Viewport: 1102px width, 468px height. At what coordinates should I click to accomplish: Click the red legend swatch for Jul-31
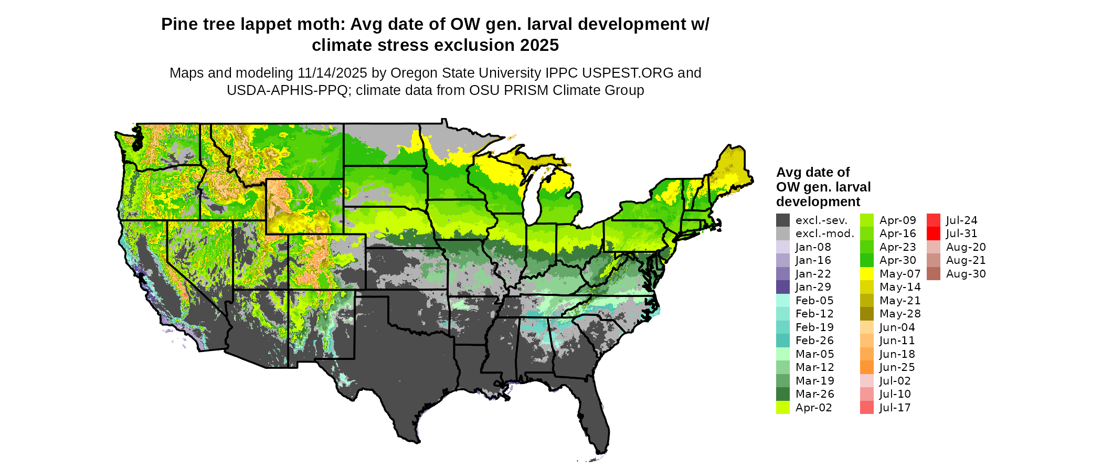934,233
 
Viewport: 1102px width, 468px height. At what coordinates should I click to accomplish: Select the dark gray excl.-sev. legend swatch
783,220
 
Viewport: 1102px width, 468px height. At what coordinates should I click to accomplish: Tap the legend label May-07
900,274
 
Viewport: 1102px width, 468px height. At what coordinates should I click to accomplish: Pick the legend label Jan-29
813,287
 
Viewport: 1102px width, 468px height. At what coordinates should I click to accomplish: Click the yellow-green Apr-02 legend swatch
783,408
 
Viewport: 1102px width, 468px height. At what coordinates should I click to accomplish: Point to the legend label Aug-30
966,274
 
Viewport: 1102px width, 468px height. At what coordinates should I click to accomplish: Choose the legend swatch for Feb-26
783,341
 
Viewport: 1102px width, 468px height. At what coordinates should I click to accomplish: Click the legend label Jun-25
897,367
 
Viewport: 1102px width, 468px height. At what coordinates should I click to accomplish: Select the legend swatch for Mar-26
783,394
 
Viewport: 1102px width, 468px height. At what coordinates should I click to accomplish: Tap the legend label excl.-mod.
825,233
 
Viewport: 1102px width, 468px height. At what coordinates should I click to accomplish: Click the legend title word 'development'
818,202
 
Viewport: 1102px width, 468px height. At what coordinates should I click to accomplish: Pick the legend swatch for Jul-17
867,408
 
